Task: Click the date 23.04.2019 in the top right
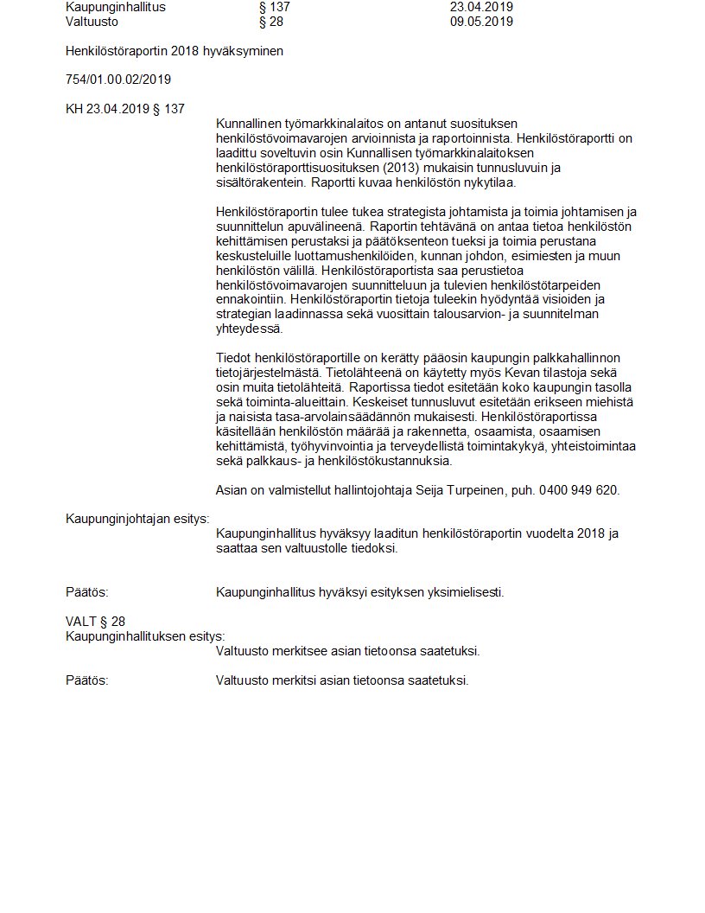(x=481, y=7)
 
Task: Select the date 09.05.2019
(x=481, y=22)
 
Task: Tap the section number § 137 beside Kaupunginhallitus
(x=274, y=7)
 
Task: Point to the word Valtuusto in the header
(x=92, y=22)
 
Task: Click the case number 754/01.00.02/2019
(x=118, y=80)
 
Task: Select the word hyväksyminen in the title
(x=245, y=51)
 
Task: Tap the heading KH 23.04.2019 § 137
(x=124, y=109)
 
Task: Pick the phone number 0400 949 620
(x=578, y=490)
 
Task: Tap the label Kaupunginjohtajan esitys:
(x=137, y=519)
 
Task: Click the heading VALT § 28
(x=95, y=622)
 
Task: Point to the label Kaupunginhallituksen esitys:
(x=145, y=636)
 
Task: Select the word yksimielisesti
(x=465, y=592)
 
